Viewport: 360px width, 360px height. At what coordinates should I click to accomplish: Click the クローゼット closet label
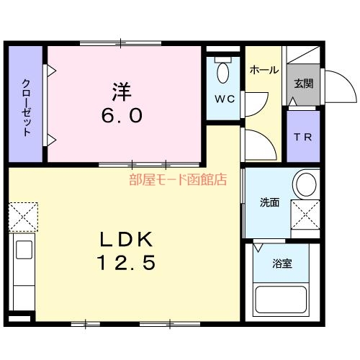pyautogui.click(x=27, y=107)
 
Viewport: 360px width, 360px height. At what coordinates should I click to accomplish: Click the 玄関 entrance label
pyautogui.click(x=303, y=84)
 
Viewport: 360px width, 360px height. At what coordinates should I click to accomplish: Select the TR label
pyautogui.click(x=302, y=138)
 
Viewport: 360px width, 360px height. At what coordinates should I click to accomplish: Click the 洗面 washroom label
pyautogui.click(x=269, y=202)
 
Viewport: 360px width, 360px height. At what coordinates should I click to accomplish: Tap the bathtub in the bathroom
pyautogui.click(x=282, y=302)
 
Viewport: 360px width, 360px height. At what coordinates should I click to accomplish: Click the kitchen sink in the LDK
pyautogui.click(x=23, y=252)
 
